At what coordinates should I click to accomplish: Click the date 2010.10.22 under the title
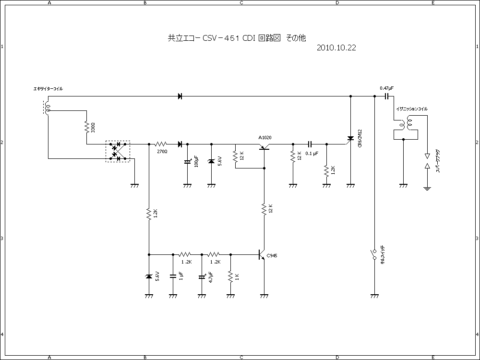pos(336,48)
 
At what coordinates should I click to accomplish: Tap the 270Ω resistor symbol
pos(161,144)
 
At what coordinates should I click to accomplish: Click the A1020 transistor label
pos(265,138)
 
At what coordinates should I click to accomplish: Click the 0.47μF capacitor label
pos(386,88)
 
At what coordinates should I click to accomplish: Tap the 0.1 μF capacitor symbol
pos(310,144)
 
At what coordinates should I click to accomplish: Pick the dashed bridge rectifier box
pos(118,151)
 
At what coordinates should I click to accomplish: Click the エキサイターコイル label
pos(48,89)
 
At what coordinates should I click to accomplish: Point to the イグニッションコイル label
pos(411,109)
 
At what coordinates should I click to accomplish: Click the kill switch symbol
pos(374,255)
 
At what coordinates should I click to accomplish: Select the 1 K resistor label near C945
pos(237,276)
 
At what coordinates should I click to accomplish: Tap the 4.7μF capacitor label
pos(211,277)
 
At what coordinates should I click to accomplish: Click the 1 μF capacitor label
pos(181,276)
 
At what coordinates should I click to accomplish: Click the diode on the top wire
pos(180,96)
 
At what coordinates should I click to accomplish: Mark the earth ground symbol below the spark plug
pos(427,188)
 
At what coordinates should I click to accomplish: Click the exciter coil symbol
pos(47,108)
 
